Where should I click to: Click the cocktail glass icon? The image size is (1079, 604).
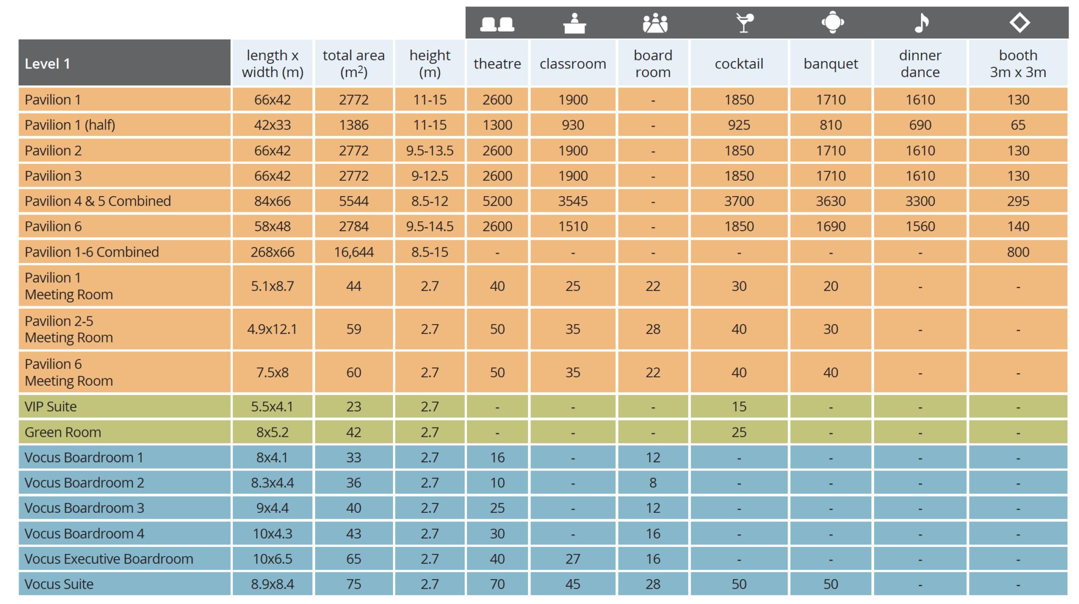coord(744,23)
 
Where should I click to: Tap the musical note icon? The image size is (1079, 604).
coord(921,23)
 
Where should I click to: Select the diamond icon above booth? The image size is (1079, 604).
coord(1019,23)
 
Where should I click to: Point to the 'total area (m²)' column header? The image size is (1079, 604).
coord(354,63)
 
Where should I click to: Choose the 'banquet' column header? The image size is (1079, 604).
coord(830,64)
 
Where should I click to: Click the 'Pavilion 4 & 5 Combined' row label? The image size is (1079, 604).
coord(98,201)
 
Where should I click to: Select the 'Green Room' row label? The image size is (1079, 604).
coord(63,432)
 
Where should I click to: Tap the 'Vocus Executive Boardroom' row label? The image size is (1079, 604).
coord(109,559)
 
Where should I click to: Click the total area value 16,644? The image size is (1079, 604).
coord(354,252)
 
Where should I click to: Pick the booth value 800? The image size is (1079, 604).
coord(1018,252)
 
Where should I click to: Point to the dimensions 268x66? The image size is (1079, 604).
coord(272,252)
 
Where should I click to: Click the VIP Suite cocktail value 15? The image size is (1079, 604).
coord(739,406)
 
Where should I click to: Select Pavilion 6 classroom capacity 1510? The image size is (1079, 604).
coord(573,226)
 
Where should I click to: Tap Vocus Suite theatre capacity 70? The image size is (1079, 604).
coord(497,584)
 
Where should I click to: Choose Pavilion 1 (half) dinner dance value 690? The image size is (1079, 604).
coord(920,125)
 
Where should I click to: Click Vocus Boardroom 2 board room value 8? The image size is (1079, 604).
coord(653,483)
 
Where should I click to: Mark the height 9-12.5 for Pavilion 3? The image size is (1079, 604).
coord(429,176)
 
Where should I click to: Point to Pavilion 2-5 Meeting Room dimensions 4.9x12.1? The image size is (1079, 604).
coord(272,329)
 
